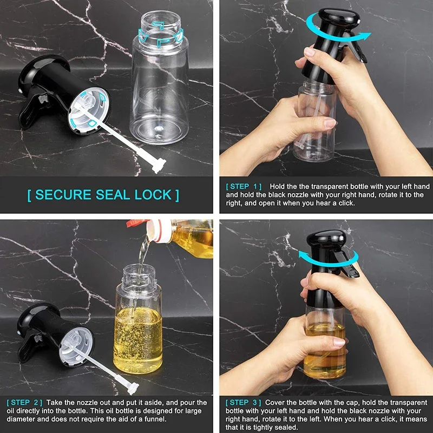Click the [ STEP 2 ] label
point(24,403)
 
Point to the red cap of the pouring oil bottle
point(133,222)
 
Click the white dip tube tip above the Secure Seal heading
point(158,165)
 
